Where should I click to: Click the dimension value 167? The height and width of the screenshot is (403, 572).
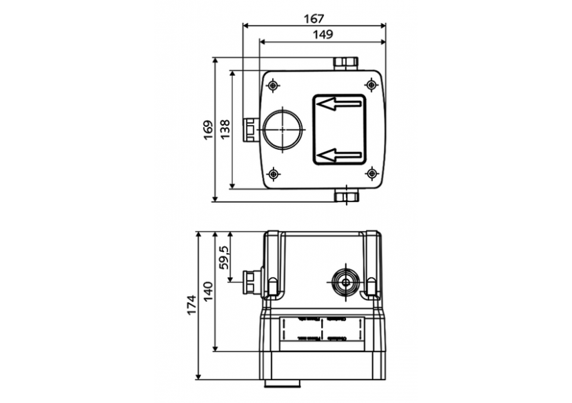click(314, 19)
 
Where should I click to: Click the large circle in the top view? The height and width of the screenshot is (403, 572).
click(282, 129)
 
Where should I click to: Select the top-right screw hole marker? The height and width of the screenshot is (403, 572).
click(371, 85)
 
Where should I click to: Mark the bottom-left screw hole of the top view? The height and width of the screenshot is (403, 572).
click(274, 173)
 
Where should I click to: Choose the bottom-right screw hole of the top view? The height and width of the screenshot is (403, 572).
click(371, 173)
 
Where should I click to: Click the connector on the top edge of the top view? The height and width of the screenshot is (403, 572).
click(346, 63)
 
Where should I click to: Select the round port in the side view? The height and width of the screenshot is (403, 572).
click(344, 281)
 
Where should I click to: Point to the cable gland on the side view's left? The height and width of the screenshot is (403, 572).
click(252, 281)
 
